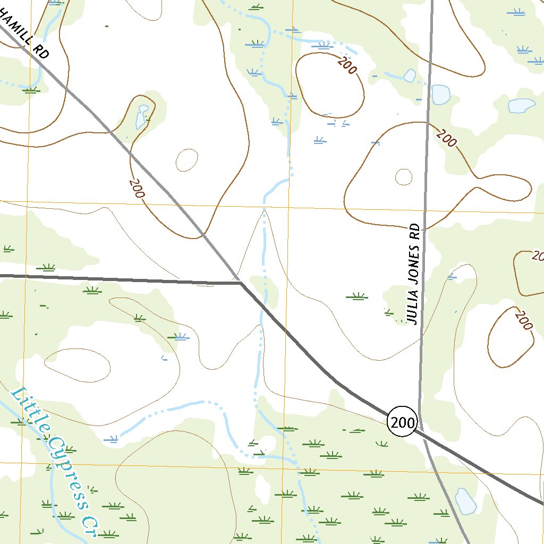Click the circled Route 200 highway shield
tap(403, 422)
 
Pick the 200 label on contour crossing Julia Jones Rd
tap(446, 138)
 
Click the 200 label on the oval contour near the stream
tap(347, 66)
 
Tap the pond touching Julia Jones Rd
tap(440, 94)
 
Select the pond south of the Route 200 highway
tap(465, 501)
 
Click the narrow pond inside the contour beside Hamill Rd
tap(141, 117)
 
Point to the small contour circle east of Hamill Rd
tap(187, 160)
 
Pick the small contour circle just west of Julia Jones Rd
tap(404, 177)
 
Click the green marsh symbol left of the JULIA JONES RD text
tap(356, 296)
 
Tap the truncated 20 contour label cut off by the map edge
tap(537, 257)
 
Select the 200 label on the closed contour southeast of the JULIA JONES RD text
tap(524, 320)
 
